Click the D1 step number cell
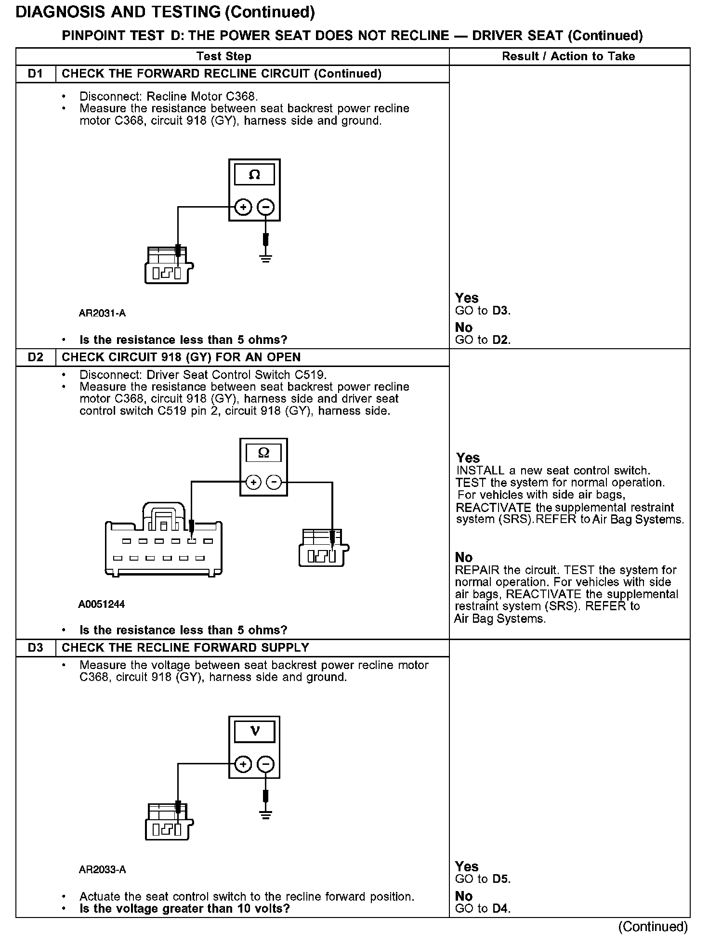tap(36, 74)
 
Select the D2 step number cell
tap(36, 357)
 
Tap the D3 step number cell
tap(36, 648)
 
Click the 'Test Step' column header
tap(224, 56)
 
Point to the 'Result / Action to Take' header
tap(568, 56)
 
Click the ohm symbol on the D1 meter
tap(254, 175)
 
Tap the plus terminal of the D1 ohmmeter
tap(244, 208)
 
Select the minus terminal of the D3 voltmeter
tap(265, 764)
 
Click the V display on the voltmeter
tap(255, 731)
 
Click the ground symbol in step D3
tap(265, 814)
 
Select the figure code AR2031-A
tap(102, 314)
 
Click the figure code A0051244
tap(101, 604)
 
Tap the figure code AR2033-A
tap(102, 869)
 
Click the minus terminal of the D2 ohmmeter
tap(274, 482)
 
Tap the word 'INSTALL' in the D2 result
tap(480, 471)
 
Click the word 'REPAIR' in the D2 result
tap(477, 570)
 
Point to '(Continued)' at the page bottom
tap(653, 926)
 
